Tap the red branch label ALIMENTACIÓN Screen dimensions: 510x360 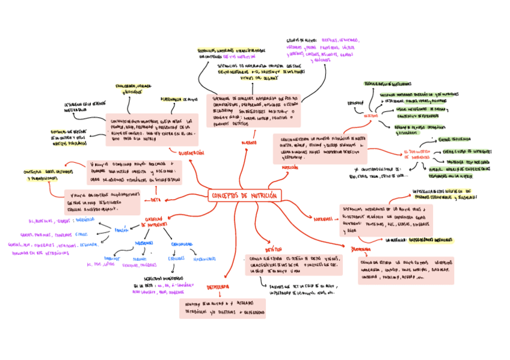click(191, 153)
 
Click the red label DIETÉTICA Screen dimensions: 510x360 click(274, 249)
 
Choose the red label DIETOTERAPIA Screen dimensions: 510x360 click(218, 287)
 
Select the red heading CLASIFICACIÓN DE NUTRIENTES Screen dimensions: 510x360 click(155, 221)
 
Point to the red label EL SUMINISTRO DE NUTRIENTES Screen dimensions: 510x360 click(417, 154)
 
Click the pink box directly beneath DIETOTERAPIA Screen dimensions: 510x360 click(222, 308)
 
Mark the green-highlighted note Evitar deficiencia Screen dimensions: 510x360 click(457, 139)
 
